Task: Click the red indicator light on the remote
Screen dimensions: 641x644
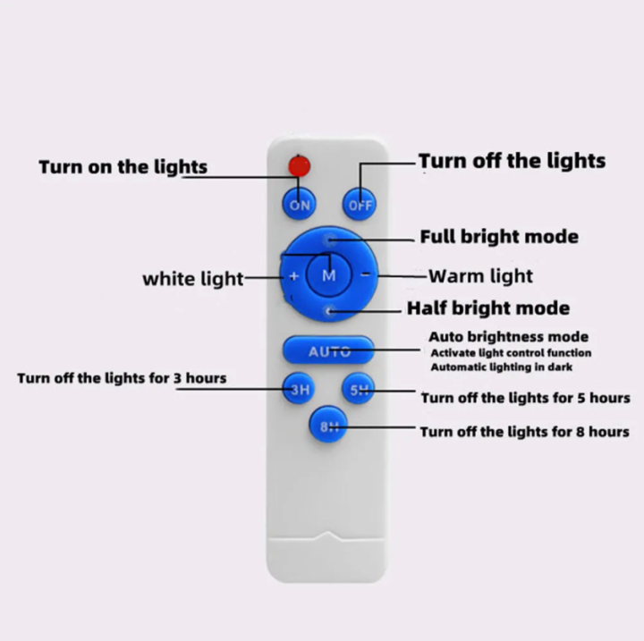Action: click(299, 165)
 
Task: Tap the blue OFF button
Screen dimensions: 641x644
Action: click(360, 205)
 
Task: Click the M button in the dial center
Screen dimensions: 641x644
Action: click(328, 275)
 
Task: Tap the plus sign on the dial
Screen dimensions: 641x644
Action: click(293, 275)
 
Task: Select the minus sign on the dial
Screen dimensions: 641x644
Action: click(365, 275)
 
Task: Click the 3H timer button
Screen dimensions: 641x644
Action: click(299, 389)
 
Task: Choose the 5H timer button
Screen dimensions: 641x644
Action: click(359, 390)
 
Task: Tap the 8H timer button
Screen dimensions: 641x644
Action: click(328, 426)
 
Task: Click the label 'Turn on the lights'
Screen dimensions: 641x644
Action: click(123, 167)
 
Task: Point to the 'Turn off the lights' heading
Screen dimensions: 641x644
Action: click(512, 161)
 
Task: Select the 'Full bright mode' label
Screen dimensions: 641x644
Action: click(499, 237)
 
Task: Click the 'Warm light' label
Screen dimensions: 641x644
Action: click(480, 276)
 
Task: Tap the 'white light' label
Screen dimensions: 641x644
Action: click(192, 279)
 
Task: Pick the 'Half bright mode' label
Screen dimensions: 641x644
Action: click(488, 308)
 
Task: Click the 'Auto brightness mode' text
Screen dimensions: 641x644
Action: click(508, 337)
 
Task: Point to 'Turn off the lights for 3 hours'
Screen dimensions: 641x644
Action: click(122, 378)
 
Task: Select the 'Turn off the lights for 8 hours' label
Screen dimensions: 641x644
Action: click(525, 432)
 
